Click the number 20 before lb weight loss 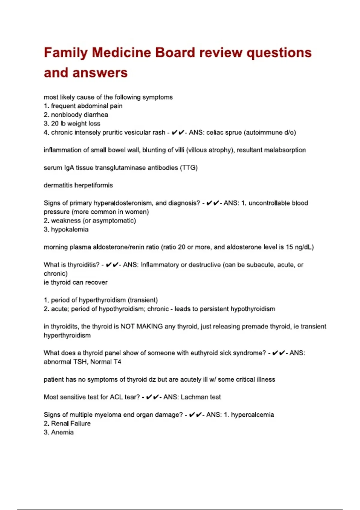[55, 124]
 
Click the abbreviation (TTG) [189, 168]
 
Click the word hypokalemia [70, 229]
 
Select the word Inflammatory [160, 265]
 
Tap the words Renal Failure [71, 424]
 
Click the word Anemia [62, 432]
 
